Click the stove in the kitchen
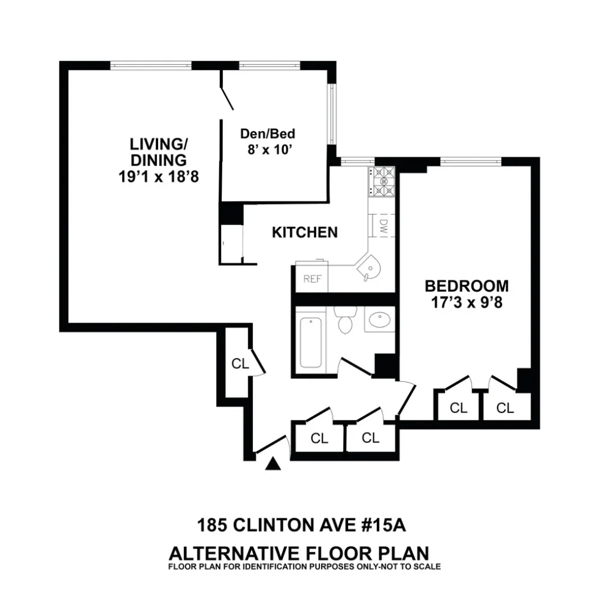[382, 181]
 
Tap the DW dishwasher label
[384, 226]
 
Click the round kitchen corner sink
[369, 267]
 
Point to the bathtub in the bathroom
[311, 342]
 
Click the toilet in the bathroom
[345, 320]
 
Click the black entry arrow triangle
[273, 463]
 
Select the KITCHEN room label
[305, 232]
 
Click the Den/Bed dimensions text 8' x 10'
[270, 150]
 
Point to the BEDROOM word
[466, 286]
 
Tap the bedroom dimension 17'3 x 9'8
[467, 302]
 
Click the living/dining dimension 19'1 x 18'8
[158, 177]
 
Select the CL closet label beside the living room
[240, 364]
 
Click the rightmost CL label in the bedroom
[505, 408]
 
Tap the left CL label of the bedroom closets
[458, 408]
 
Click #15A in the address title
[383, 525]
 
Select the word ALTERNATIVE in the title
[234, 553]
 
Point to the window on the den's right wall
[332, 114]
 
